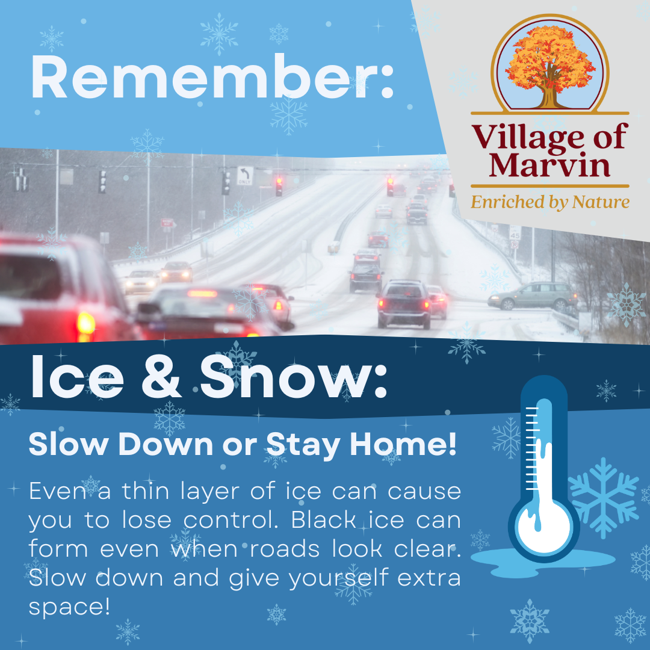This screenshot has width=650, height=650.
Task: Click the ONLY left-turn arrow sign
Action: pos(245,176)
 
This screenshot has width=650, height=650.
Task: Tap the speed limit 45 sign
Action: pos(515,232)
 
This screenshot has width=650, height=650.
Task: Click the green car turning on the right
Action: pos(533,296)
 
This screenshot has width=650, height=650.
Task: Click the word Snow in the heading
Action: pos(294,379)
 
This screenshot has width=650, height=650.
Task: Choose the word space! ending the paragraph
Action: pos(70,606)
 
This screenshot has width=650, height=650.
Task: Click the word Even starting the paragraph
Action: pos(54,491)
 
